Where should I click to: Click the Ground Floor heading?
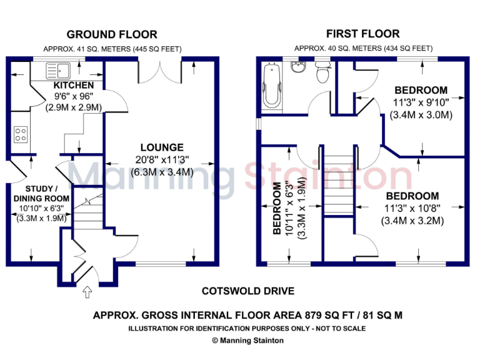click(x=112, y=34)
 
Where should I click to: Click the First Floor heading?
click(x=362, y=34)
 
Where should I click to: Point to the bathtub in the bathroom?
click(x=272, y=87)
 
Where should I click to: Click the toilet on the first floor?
click(x=322, y=73)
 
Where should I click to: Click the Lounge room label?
click(x=162, y=147)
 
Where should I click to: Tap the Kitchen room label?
click(x=74, y=85)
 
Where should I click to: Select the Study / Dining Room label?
click(x=42, y=193)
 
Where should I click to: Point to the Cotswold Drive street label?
click(x=247, y=291)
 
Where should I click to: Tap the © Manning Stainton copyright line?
click(x=247, y=341)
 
